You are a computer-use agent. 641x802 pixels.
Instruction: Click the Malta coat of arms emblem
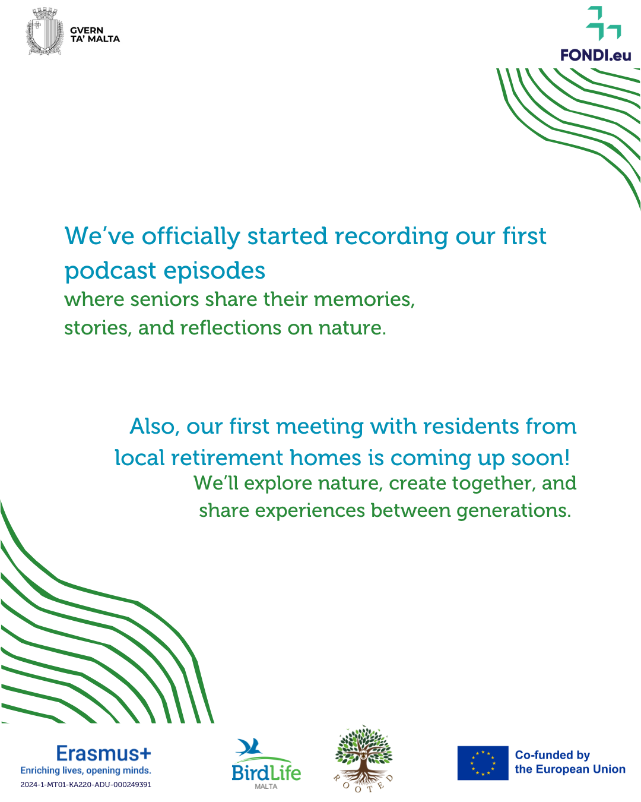tap(45, 31)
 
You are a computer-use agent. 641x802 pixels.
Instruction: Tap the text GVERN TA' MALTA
tap(95, 34)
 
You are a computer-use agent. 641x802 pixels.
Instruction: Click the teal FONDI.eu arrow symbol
tap(603, 23)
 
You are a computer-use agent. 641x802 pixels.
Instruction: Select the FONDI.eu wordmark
tap(595, 55)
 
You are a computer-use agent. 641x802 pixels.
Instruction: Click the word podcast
tap(110, 271)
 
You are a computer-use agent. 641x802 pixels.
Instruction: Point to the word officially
tap(191, 236)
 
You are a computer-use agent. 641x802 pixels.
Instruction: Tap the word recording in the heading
tap(391, 236)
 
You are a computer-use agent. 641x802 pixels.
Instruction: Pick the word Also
tap(154, 427)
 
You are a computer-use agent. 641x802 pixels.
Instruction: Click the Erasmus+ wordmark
tap(103, 753)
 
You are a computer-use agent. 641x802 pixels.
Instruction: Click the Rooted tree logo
tap(363, 759)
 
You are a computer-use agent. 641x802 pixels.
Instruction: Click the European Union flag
tap(483, 763)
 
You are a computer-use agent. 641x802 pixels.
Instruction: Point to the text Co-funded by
tap(552, 755)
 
